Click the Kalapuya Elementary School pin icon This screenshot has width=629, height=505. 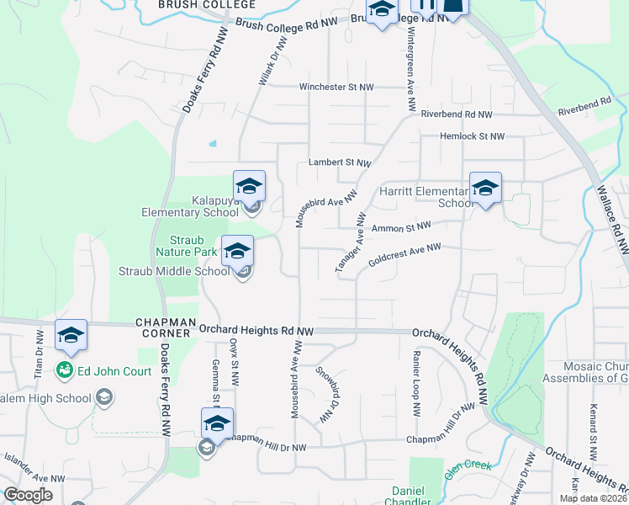250,186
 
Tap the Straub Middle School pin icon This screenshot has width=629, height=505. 238,251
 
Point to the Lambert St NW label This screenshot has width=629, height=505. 339,162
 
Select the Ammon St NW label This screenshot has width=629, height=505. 400,227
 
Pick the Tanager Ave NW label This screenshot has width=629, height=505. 351,242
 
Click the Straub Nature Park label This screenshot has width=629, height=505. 180,246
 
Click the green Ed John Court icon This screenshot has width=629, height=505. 63,369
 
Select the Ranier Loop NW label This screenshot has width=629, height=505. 415,385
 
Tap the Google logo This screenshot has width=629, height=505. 28,495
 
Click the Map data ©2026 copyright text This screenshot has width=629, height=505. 592,498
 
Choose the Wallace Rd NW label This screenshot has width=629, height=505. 613,211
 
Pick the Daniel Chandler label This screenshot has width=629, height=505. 407,496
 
